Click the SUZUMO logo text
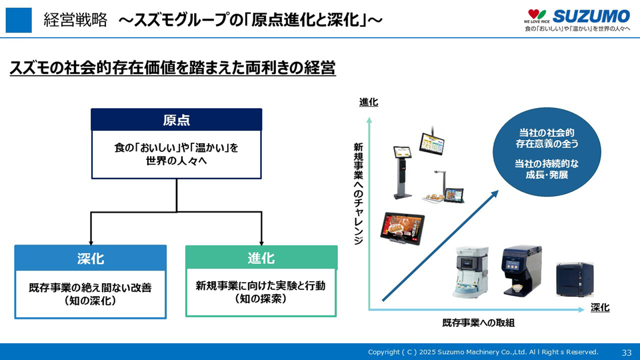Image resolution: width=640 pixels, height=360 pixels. click(x=591, y=16)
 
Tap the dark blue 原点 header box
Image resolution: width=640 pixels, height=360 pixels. click(x=177, y=119)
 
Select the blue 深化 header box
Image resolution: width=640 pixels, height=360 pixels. click(x=90, y=258)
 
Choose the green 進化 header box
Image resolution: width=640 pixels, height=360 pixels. click(x=261, y=258)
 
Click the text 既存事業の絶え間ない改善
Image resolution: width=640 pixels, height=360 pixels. click(x=90, y=288)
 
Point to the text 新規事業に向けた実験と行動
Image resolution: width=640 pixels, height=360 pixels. click(x=261, y=285)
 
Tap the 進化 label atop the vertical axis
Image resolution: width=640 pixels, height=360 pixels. click(x=368, y=102)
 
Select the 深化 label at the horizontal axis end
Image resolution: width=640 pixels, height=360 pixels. click(x=600, y=307)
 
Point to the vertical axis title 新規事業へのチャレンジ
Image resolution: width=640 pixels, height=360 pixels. click(x=358, y=193)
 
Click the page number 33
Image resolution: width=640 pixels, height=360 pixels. click(x=626, y=352)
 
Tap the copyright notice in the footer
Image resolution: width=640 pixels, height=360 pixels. click(x=483, y=352)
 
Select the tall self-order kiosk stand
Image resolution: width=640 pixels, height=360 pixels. click(x=403, y=170)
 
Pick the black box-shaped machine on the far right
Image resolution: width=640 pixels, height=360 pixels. click(x=575, y=279)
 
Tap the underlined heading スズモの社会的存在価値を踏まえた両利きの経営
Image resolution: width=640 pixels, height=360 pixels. click(x=172, y=68)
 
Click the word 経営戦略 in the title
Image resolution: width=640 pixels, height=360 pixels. click(x=75, y=20)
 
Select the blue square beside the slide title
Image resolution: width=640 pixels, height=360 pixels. click(x=19, y=20)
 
